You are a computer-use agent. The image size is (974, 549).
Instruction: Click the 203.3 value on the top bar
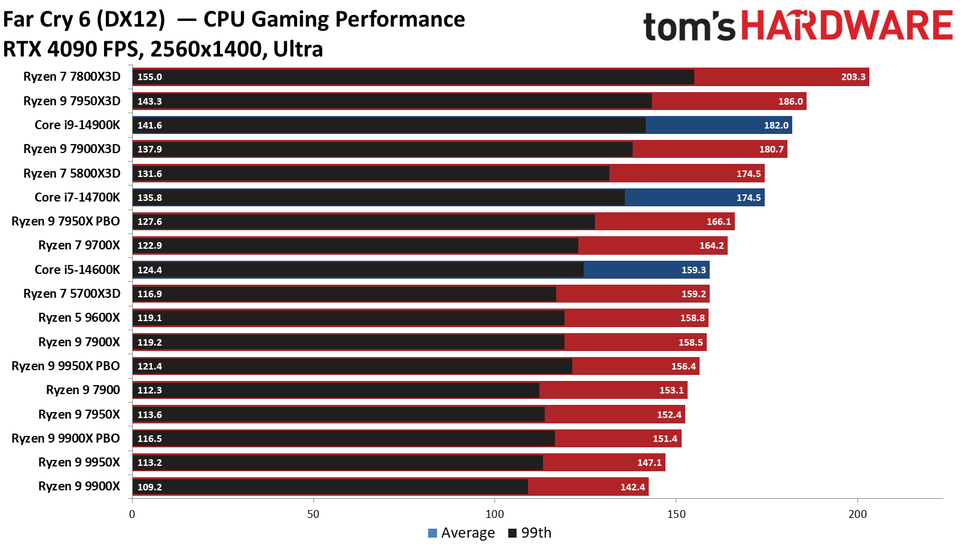(853, 77)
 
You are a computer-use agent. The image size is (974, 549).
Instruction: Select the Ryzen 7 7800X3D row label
(72, 77)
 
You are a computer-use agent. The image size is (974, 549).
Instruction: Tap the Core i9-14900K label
(77, 125)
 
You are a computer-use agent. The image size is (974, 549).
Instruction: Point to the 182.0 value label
(775, 126)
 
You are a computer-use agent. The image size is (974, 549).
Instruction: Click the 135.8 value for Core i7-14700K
(149, 198)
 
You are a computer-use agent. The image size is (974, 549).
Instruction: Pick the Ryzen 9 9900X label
(79, 486)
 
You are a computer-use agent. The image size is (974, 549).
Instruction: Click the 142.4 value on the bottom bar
(632, 487)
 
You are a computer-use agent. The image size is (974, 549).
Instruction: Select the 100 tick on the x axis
(494, 514)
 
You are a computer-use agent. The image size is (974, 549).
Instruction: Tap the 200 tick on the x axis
(857, 514)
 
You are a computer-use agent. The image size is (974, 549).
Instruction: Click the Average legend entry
(462, 533)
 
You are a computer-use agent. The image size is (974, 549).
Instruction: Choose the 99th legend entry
(530, 533)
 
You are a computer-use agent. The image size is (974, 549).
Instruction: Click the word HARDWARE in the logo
(846, 26)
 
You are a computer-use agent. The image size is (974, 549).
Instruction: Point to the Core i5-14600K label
(77, 270)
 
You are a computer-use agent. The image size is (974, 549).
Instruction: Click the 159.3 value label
(693, 270)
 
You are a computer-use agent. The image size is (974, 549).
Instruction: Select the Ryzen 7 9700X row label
(79, 245)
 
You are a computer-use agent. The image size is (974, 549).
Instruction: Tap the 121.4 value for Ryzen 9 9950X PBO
(149, 367)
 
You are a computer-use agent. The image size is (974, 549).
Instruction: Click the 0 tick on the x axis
(132, 514)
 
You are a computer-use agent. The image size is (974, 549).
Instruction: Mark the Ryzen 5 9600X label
(79, 318)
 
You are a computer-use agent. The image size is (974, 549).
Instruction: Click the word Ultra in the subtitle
(298, 49)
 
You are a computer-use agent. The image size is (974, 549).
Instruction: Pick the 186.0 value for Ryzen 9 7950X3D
(790, 102)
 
